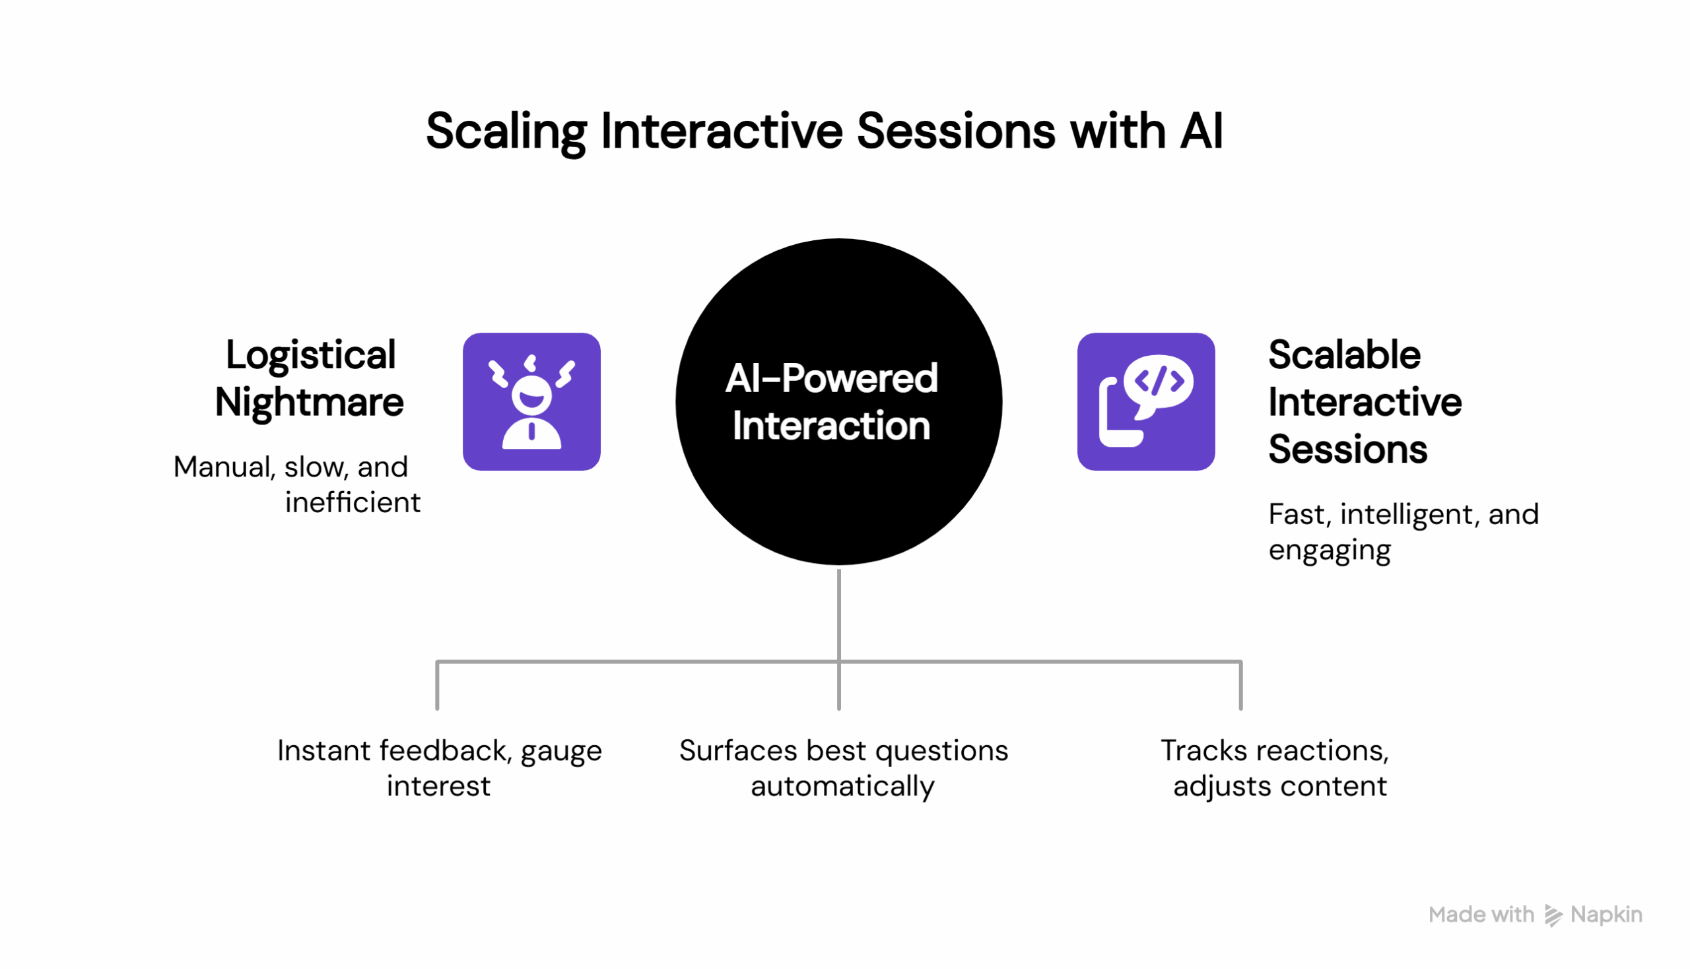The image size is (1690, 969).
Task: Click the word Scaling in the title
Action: tap(505, 131)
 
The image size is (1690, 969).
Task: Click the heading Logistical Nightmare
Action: tap(310, 378)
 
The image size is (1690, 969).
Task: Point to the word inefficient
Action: tap(352, 502)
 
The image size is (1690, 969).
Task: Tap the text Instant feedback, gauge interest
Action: tap(439, 768)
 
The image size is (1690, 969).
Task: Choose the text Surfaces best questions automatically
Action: tap(842, 768)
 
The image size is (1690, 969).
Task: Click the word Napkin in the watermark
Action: tap(1605, 915)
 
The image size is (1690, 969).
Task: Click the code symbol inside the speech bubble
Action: tap(1159, 382)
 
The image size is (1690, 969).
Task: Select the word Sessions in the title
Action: tap(955, 131)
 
